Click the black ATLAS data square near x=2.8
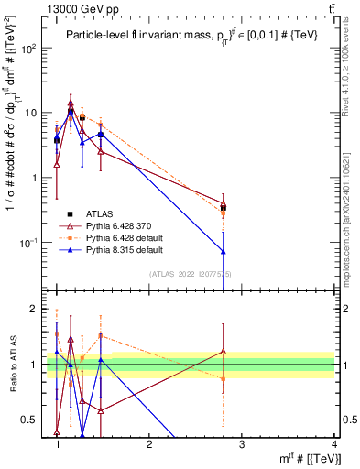pos(224,208)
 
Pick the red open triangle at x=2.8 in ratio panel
pos(224,352)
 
